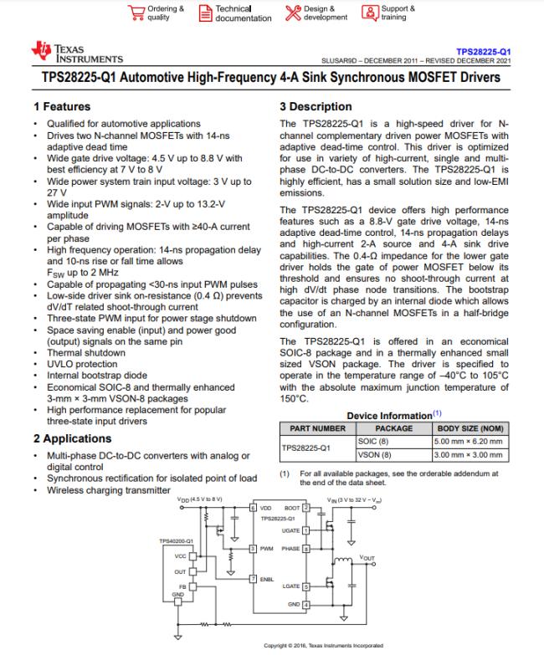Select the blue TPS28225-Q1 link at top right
click(484, 51)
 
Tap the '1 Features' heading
click(62, 107)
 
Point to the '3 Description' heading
click(316, 107)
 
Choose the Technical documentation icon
click(205, 13)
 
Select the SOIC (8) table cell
click(373, 441)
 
